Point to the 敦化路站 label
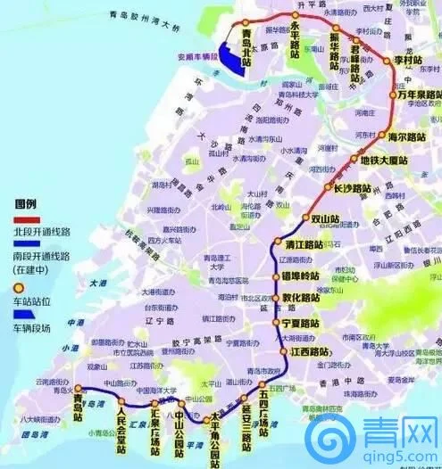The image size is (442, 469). click(301, 298)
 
